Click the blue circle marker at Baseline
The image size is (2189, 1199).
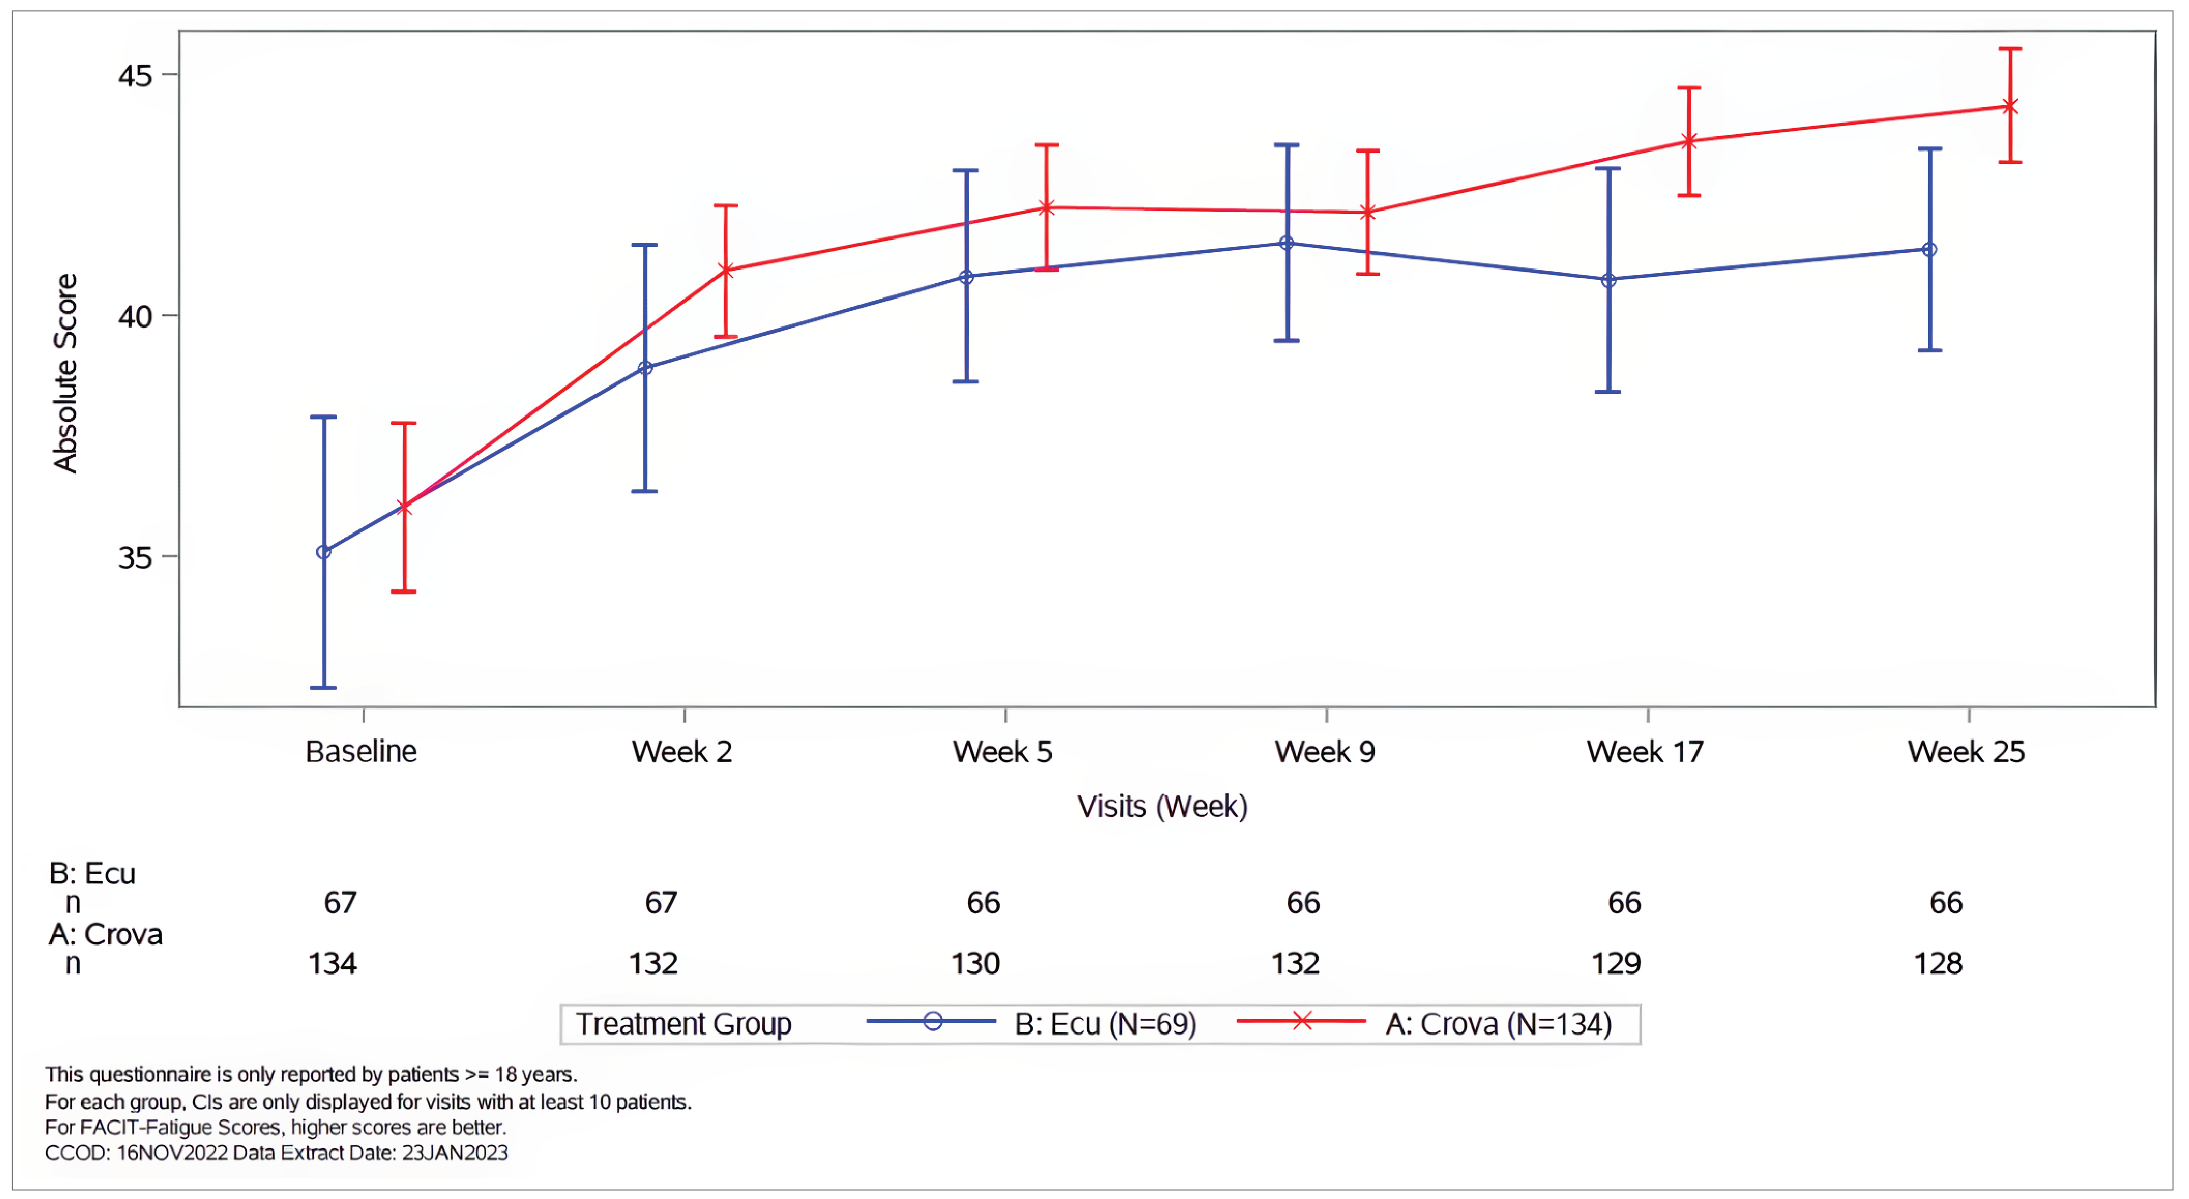(324, 552)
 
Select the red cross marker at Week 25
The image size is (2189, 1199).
(2010, 107)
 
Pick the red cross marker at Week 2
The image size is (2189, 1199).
(726, 271)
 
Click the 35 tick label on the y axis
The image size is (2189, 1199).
(134, 558)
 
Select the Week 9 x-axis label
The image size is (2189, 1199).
(1325, 752)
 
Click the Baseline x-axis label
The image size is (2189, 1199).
(361, 752)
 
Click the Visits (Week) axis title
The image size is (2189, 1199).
(1161, 807)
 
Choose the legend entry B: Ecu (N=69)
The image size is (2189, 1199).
(1104, 1024)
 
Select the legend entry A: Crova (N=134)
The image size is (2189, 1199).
(1498, 1024)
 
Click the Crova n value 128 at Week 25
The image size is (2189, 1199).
(1938, 964)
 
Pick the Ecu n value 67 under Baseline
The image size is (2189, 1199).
(340, 903)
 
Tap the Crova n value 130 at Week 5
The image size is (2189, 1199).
(975, 964)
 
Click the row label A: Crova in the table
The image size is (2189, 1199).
(105, 935)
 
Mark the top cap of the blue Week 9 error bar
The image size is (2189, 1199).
(1286, 145)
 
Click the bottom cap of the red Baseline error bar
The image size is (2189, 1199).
(404, 591)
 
